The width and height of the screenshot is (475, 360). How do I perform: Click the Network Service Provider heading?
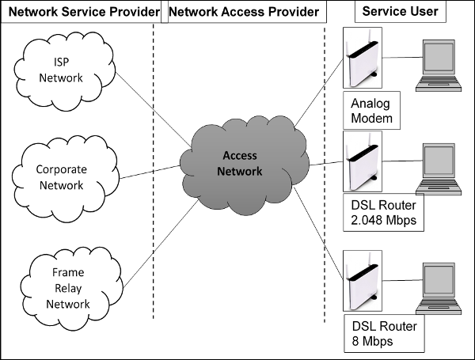(x=80, y=12)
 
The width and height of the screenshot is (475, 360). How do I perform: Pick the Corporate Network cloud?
(x=60, y=175)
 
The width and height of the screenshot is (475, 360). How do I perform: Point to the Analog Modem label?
(x=373, y=111)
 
